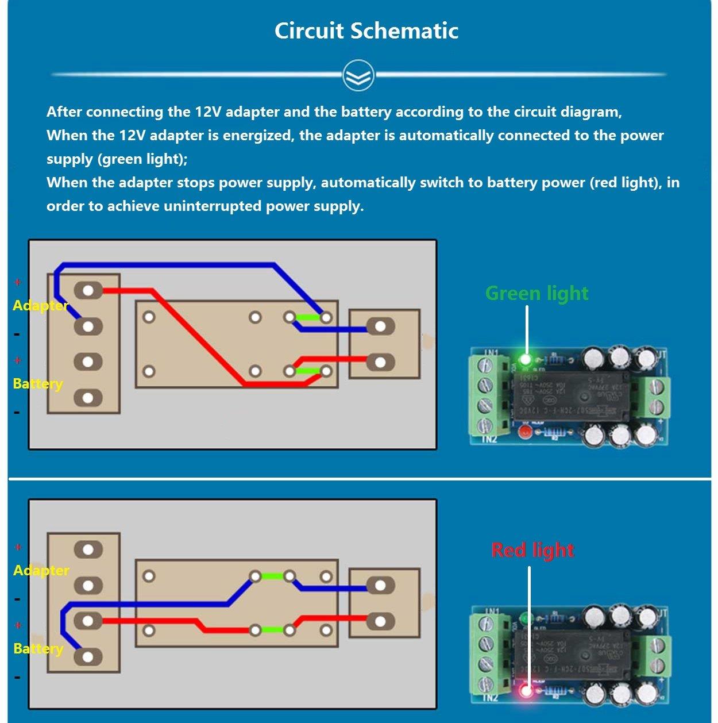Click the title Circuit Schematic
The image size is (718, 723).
[x=366, y=30]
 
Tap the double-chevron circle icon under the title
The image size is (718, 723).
[x=358, y=75]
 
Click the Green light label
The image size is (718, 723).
[x=536, y=293]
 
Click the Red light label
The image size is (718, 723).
[x=532, y=550]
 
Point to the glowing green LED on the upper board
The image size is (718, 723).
[x=525, y=360]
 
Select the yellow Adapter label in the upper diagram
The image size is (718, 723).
[x=40, y=305]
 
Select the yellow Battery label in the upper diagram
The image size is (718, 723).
[x=38, y=383]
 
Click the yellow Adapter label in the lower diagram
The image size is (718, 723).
[x=41, y=570]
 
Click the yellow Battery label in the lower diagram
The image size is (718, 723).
[x=38, y=648]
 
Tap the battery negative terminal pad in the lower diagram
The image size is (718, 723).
[x=88, y=657]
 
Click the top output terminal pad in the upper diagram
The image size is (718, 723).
[x=380, y=327]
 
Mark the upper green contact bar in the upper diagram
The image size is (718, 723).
[x=308, y=317]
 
